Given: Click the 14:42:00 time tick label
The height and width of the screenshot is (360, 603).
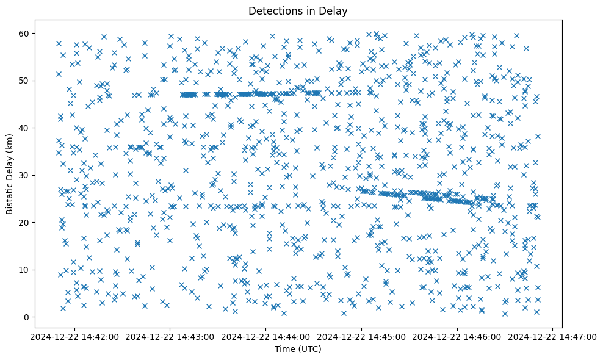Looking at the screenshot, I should click(x=74, y=336).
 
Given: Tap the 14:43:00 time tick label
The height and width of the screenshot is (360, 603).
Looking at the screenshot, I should click(x=170, y=336).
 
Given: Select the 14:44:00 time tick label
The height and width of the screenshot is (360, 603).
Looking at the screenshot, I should click(x=266, y=336).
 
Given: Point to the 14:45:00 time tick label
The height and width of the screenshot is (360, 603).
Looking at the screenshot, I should click(x=362, y=336).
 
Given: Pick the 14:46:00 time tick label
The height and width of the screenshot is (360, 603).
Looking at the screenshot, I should click(x=458, y=336).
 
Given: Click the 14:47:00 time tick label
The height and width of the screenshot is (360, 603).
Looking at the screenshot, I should click(x=554, y=336).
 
